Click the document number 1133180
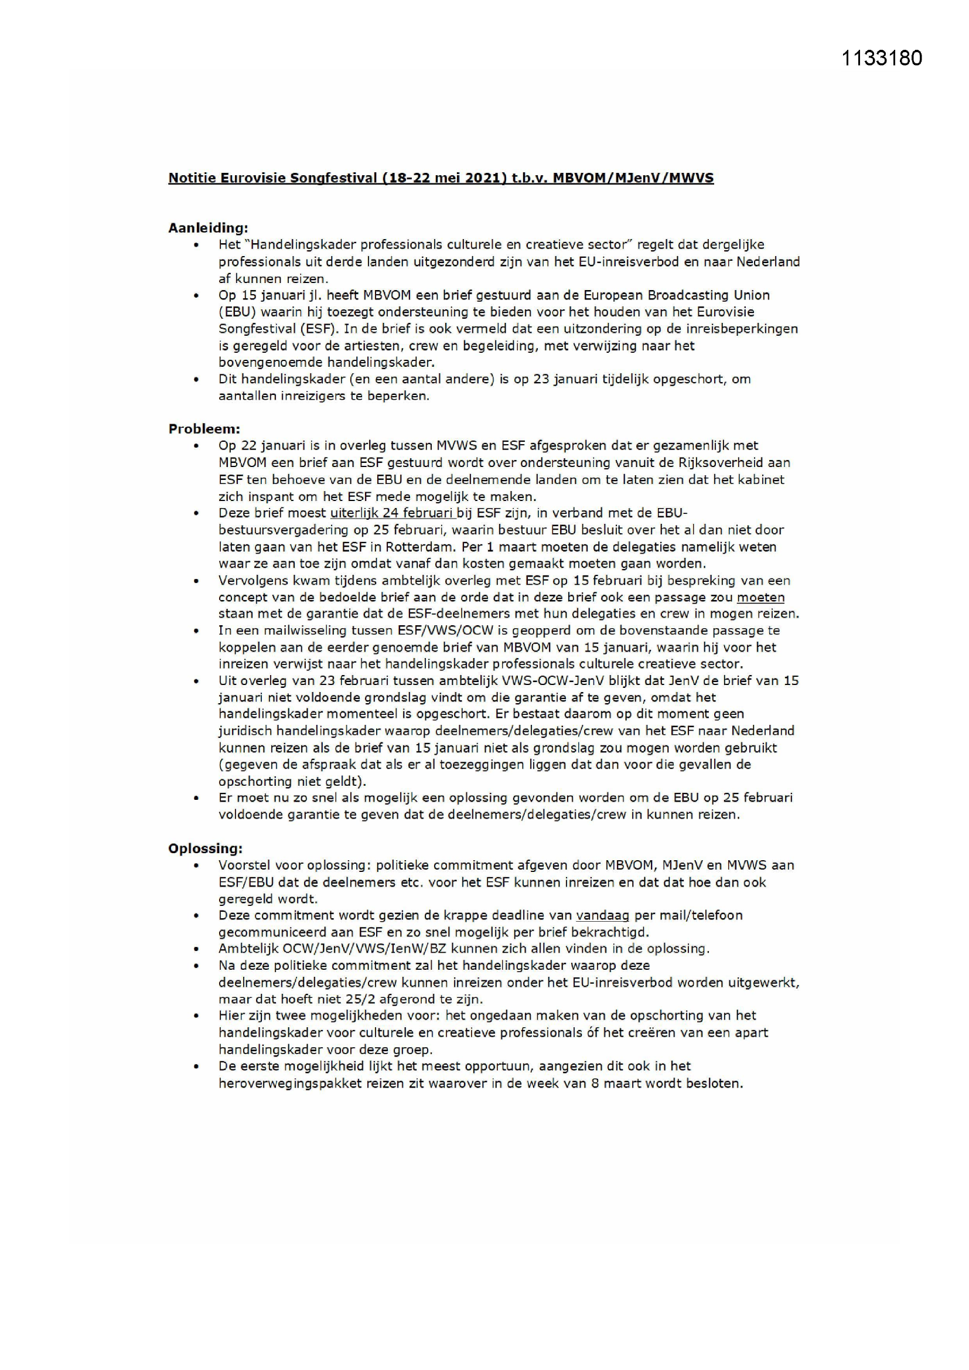tap(881, 58)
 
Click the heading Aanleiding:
tap(207, 227)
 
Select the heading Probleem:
tap(204, 428)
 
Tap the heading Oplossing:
tap(205, 848)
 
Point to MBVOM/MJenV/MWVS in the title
tap(633, 178)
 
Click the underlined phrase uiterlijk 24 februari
tap(392, 513)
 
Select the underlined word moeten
tap(760, 597)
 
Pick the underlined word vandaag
tap(602, 915)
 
